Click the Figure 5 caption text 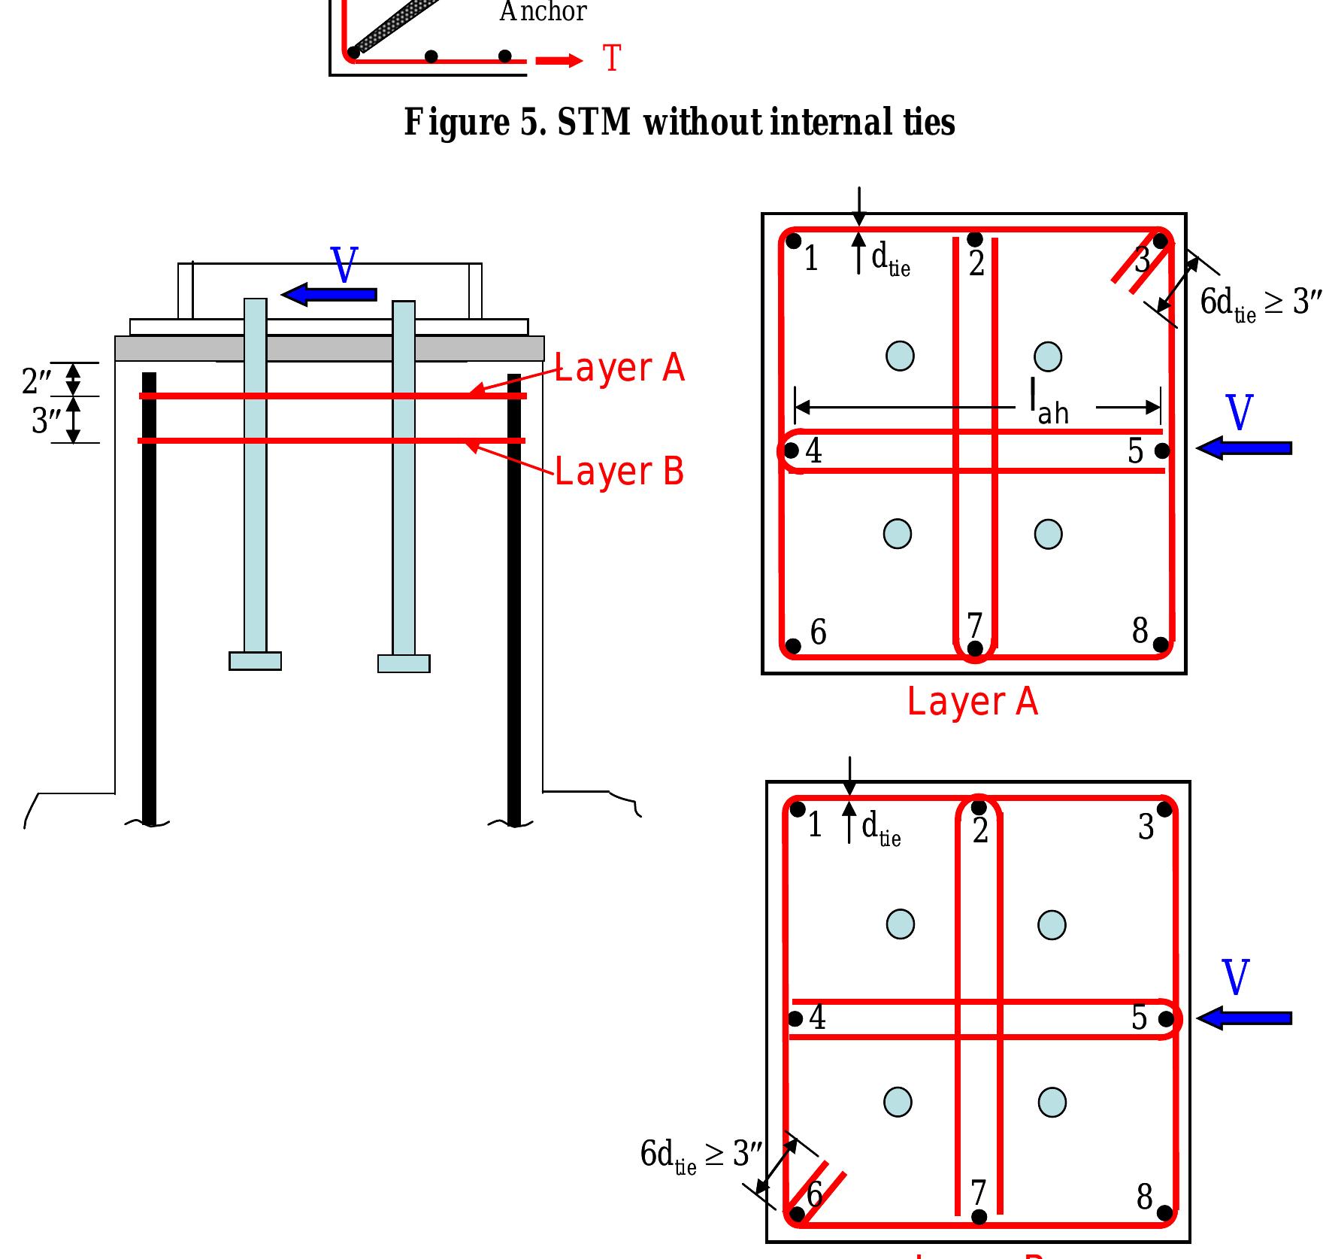point(679,123)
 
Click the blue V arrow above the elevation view point(329,293)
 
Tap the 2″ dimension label point(36,381)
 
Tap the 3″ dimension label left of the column point(45,421)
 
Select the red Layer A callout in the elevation point(619,368)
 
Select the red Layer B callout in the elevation point(619,472)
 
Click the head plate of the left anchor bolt point(255,661)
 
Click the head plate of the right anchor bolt point(404,663)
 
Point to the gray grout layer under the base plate point(329,348)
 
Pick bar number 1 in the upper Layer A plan point(810,259)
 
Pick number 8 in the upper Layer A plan point(1140,630)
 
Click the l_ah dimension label point(1049,404)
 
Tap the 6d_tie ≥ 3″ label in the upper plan point(1260,303)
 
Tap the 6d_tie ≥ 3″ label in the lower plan point(701,1154)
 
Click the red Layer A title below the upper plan point(972,702)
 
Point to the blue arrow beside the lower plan point(1244,1018)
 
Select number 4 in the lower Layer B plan point(817,1018)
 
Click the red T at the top point(612,59)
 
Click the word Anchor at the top point(543,12)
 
